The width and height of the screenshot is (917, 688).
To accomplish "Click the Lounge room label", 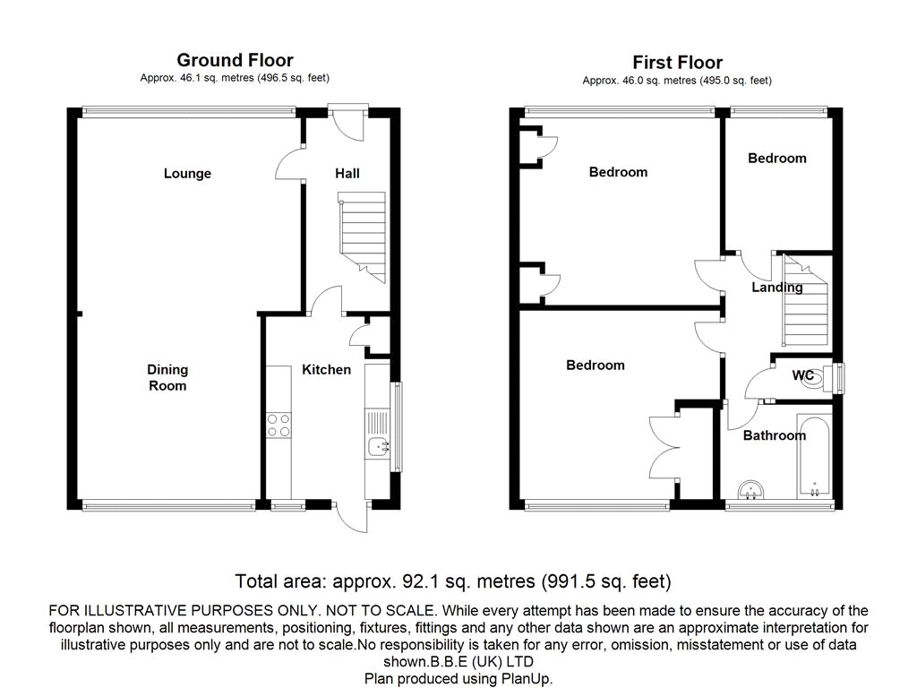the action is pos(187,173).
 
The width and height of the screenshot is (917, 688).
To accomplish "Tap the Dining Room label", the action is pos(167,377).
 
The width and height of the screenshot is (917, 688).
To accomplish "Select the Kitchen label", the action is pos(326,370).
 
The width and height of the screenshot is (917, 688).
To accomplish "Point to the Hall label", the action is pos(347,173).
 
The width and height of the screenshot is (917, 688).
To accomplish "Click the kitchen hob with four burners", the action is pos(279,426).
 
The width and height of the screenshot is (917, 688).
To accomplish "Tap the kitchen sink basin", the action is pos(378,447).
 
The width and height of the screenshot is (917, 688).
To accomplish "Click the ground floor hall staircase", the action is pos(362,236).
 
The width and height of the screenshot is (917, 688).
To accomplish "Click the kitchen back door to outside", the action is pos(351,516).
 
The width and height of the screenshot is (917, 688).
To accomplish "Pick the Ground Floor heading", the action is pos(236,60).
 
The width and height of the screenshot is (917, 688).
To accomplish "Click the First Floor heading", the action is pos(677,63).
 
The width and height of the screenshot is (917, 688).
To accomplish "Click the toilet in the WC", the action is pos(828,378).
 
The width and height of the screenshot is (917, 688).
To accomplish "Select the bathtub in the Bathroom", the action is pos(813,457).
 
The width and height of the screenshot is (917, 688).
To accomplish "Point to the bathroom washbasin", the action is pos(751,490).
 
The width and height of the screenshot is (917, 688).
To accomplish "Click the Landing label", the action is pos(776,288).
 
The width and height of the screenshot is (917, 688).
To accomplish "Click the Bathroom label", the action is pos(775,435).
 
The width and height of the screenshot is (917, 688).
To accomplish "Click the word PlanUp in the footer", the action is pos(526,679).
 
